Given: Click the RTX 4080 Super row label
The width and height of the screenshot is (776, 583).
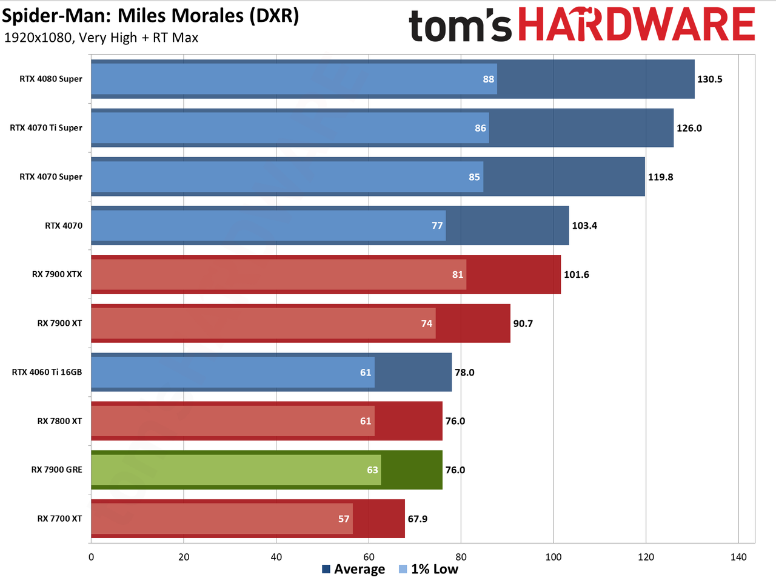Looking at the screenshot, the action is pyautogui.click(x=50, y=79).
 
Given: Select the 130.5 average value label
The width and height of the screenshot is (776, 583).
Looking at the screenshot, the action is pyautogui.click(x=709, y=79).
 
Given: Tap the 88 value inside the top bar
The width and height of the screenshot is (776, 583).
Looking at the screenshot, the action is pyautogui.click(x=488, y=79).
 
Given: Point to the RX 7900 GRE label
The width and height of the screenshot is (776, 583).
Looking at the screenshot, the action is pyautogui.click(x=56, y=470).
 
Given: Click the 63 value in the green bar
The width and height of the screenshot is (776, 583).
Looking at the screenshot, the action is pyautogui.click(x=372, y=470).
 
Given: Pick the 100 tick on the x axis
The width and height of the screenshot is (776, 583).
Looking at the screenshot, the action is pyautogui.click(x=554, y=557).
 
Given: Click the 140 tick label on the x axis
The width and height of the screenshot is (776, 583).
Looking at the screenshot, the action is pyautogui.click(x=738, y=557).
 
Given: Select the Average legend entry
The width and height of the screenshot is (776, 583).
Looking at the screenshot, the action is pyautogui.click(x=353, y=569).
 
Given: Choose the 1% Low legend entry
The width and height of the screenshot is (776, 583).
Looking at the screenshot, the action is pyautogui.click(x=428, y=569).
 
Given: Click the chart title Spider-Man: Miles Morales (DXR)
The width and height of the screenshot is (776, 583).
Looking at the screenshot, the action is pyautogui.click(x=150, y=16).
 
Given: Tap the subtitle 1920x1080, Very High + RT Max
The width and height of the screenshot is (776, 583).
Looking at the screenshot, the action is pyautogui.click(x=101, y=38).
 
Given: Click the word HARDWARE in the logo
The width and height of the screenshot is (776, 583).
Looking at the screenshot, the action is pyautogui.click(x=637, y=24).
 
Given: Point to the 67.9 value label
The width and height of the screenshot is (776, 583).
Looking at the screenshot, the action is pyautogui.click(x=418, y=519).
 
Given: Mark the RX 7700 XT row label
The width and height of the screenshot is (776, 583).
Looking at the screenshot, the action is pyautogui.click(x=59, y=519).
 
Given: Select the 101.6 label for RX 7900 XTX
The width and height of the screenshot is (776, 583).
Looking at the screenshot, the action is pyautogui.click(x=577, y=275).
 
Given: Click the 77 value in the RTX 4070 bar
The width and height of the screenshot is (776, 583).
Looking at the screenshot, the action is pyautogui.click(x=437, y=226).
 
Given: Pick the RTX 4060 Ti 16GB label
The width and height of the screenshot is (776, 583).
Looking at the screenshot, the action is pyautogui.click(x=47, y=372).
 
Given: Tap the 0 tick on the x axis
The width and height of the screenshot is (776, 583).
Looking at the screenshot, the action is pyautogui.click(x=91, y=557).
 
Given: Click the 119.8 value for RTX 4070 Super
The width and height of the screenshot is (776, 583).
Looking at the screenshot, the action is pyautogui.click(x=660, y=177).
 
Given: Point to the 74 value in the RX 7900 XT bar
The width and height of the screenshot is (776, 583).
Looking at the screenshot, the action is pyautogui.click(x=426, y=323).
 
